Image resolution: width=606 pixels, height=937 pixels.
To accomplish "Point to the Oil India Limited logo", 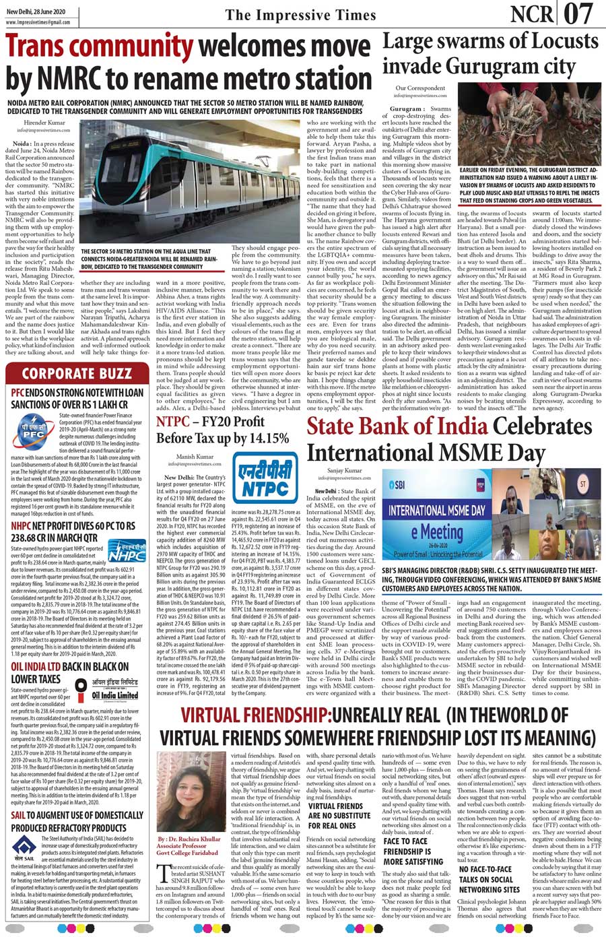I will (x=115, y=694).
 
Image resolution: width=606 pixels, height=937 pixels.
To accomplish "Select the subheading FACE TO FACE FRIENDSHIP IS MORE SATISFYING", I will (x=413, y=851).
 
